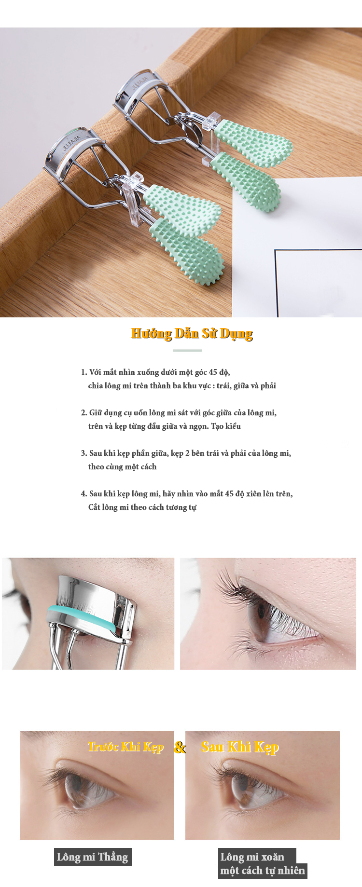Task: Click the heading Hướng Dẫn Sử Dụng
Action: [x=192, y=334]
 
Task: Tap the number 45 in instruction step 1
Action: [x=213, y=372]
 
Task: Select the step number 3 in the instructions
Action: [x=84, y=453]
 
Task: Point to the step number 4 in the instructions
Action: [x=84, y=494]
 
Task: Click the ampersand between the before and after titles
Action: [x=180, y=747]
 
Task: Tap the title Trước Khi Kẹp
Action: [x=125, y=747]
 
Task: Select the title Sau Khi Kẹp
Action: [x=240, y=747]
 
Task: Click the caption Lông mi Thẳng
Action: [x=93, y=857]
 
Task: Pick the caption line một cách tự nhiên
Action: [x=263, y=871]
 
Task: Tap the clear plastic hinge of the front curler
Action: [x=132, y=199]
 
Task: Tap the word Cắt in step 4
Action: [x=94, y=507]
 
